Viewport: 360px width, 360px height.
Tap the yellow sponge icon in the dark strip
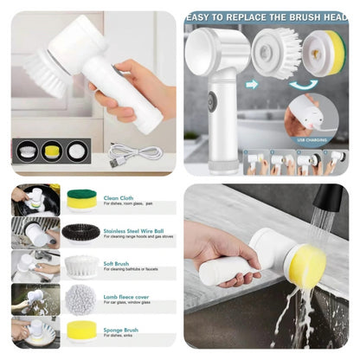click(x=53, y=151)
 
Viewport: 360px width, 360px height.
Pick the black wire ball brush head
click(x=80, y=232)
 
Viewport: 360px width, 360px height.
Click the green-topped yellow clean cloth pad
click(x=81, y=200)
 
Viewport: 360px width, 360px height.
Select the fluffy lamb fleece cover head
click(x=81, y=299)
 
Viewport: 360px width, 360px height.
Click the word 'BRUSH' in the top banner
click(x=305, y=15)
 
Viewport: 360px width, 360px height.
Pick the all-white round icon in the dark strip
click(x=77, y=151)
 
